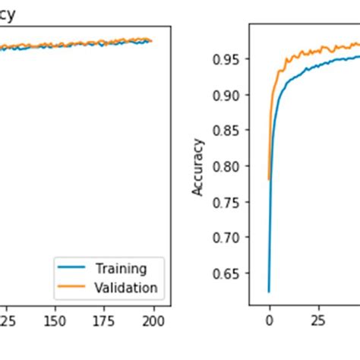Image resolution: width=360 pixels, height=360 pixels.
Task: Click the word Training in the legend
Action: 121,268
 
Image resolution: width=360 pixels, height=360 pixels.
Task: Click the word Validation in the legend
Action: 126,287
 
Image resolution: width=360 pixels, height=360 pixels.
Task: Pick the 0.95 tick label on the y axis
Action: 229,59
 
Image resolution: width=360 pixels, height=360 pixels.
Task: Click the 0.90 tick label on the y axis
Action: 229,95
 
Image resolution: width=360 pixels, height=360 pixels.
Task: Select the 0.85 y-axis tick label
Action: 229,131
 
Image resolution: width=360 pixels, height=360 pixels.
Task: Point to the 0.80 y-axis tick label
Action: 229,166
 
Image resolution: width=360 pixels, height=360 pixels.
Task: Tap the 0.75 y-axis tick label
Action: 229,202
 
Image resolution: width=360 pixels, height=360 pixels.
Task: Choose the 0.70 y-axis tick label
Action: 229,238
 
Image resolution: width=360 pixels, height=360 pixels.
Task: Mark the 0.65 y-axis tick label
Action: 229,273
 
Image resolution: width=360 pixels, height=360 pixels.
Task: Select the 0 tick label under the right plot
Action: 269,321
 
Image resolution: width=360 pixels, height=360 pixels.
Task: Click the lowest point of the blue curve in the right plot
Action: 269,291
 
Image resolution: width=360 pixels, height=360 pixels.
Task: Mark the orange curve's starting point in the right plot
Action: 269,179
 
